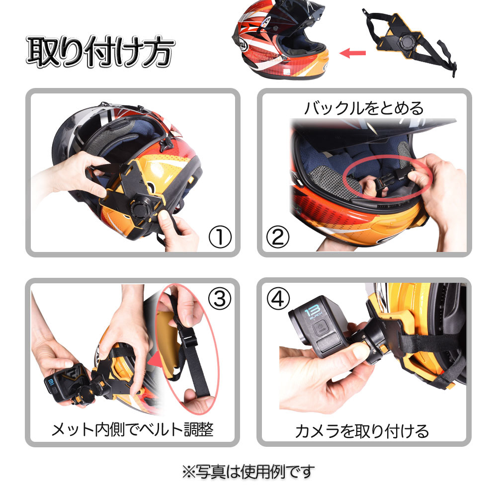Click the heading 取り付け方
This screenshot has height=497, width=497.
[101, 52]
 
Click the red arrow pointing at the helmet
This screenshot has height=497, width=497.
[352, 53]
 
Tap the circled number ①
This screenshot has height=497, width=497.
[220, 237]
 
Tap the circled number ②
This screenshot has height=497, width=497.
[278, 237]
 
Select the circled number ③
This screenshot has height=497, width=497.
[220, 298]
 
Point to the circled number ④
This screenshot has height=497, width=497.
[278, 298]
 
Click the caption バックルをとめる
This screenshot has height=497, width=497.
[364, 108]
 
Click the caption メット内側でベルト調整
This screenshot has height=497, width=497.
[133, 430]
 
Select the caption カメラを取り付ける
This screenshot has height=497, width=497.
[362, 431]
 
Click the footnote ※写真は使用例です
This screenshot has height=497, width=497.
[248, 472]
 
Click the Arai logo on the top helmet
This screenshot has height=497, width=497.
[243, 45]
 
